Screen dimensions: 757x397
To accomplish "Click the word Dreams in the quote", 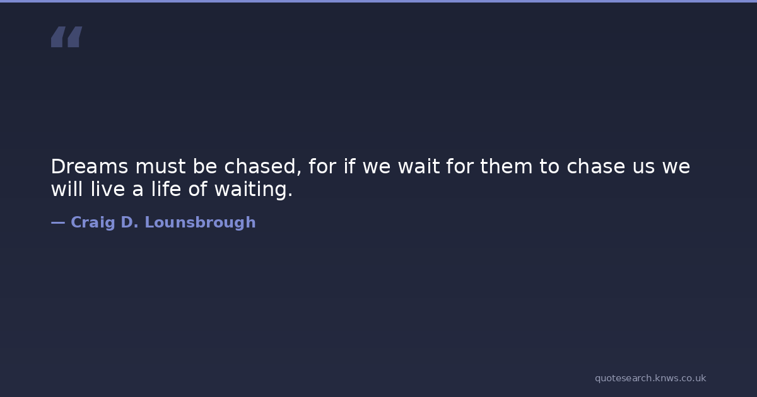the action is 90,166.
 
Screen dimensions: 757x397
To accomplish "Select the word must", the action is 160,166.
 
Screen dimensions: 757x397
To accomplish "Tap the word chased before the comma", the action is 260,166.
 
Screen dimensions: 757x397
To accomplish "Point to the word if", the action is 349,166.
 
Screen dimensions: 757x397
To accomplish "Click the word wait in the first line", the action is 419,166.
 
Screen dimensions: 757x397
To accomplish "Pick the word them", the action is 506,166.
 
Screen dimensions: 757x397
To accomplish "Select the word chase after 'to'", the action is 596,166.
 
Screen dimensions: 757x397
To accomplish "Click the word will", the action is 67,188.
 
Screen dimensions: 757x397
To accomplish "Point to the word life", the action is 166,188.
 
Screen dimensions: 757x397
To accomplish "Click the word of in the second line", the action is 197,188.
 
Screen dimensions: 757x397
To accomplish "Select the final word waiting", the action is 254,189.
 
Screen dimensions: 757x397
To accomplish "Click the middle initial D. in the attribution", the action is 129,222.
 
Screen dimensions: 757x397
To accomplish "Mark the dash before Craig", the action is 58,222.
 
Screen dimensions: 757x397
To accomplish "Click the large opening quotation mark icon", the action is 67,37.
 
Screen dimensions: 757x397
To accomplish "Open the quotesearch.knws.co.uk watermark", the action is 650,379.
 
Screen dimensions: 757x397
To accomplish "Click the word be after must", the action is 205,166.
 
